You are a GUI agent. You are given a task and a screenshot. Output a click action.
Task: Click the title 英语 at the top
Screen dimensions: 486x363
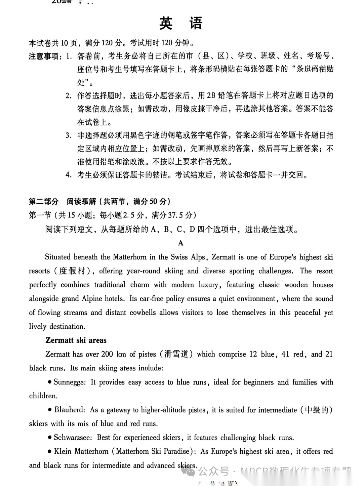180,24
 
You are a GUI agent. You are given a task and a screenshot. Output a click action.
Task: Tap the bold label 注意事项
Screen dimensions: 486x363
44,56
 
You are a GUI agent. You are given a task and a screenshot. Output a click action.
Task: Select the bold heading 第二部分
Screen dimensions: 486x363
44,201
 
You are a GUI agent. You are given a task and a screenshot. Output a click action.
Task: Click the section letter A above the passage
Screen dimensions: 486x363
181,243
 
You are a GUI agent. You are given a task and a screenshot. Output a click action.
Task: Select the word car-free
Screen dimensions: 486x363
151,298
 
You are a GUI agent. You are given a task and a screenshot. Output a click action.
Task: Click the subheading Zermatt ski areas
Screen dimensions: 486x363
76,340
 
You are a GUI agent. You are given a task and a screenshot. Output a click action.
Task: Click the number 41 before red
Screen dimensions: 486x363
285,354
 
